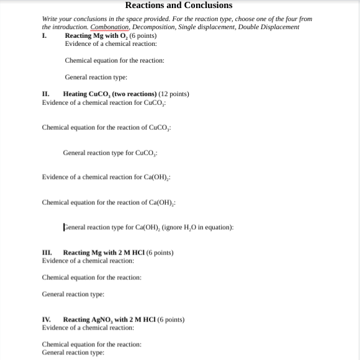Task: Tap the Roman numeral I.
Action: point(44,35)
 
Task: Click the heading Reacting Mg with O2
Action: point(92,35)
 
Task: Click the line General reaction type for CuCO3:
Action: point(110,153)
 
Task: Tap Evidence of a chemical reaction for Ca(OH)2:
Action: point(106,177)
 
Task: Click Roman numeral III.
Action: point(47,253)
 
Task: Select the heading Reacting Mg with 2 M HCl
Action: point(101,253)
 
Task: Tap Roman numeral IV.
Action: point(47,320)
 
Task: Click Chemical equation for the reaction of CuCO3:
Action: point(106,127)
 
